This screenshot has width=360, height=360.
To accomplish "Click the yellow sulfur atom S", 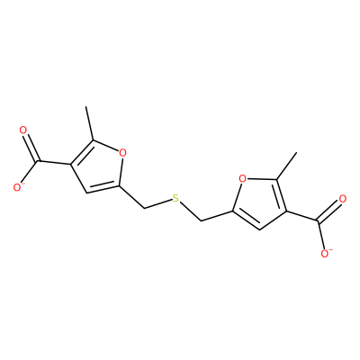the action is tap(175, 198).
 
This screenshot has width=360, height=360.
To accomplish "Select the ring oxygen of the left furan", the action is tap(122, 153).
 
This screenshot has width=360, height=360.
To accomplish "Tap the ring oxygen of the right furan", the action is tap(242, 179).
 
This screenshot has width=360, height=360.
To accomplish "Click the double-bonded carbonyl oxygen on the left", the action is tap(22, 130).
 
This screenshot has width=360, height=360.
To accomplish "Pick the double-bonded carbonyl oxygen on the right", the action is tap(342, 199).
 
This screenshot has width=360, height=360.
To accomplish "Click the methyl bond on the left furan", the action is tap(90, 123).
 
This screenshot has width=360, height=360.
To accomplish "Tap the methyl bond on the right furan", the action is tap(286, 166).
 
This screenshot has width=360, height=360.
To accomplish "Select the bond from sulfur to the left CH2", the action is tap(157, 203).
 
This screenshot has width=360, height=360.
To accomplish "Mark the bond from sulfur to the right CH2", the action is tap(191, 211).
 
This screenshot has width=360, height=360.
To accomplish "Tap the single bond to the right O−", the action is tap(321, 236).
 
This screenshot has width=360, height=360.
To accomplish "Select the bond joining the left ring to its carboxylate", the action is tap(54, 163).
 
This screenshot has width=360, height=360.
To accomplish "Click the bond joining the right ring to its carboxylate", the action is tap(301, 216).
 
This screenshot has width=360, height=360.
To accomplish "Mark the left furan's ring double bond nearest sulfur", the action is tap(103, 188).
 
